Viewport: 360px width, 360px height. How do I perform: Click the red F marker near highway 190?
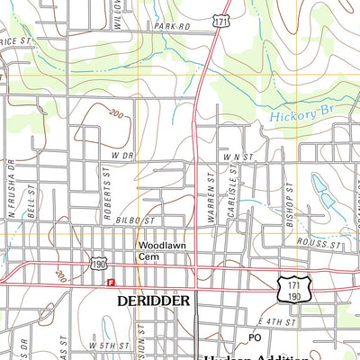pyautogui.click(x=111, y=283)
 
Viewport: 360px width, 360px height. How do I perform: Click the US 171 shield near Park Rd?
pyautogui.click(x=220, y=18)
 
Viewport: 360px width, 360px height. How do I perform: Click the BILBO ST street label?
pyautogui.click(x=136, y=220)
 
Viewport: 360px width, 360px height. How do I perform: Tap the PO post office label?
pyautogui.click(x=255, y=337)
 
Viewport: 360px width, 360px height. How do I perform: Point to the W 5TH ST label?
pyautogui.click(x=110, y=346)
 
